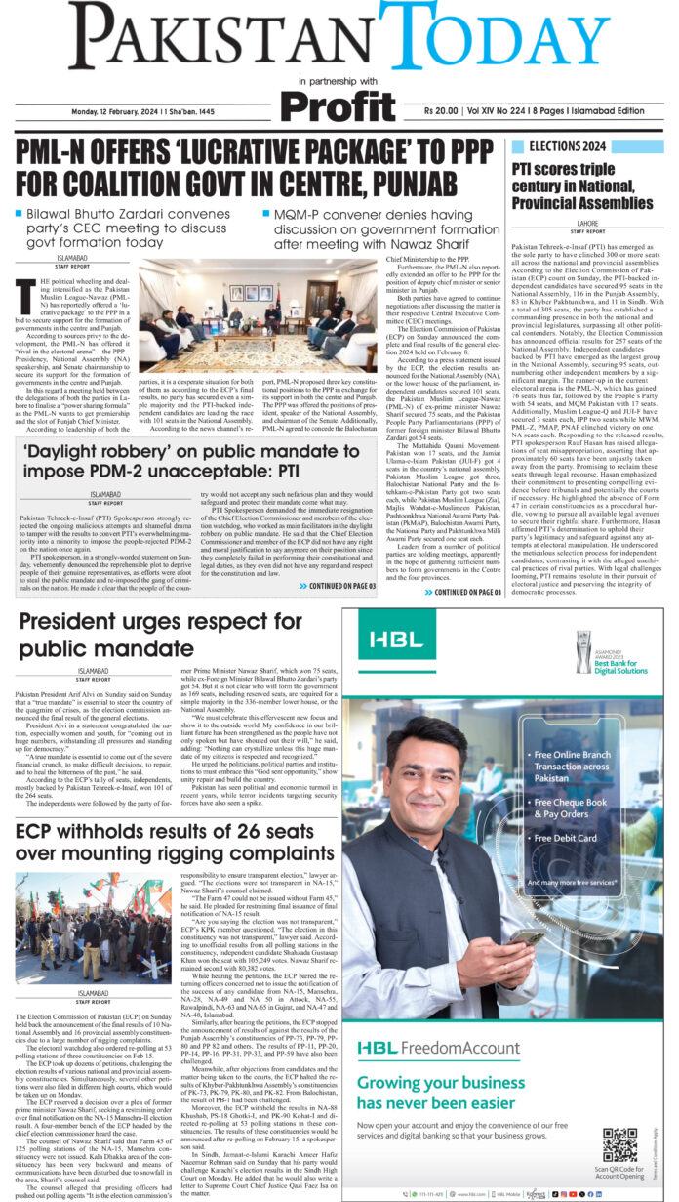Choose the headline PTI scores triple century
[x=586, y=185]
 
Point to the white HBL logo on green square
[x=390, y=640]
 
